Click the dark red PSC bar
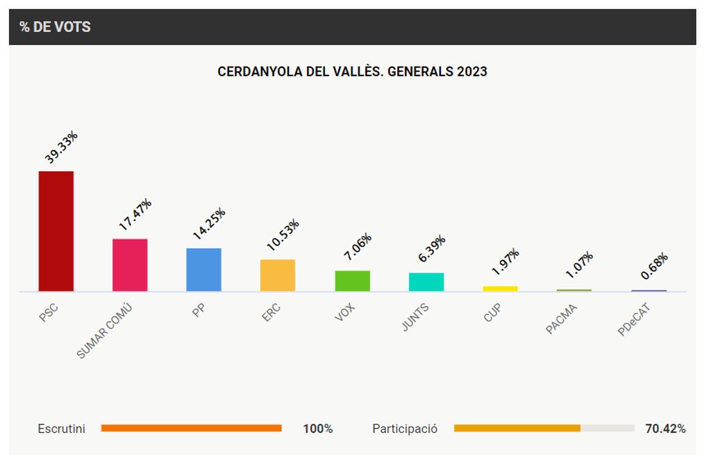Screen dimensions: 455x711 pyautogui.click(x=56, y=231)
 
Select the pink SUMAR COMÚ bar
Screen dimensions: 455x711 pyautogui.click(x=130, y=265)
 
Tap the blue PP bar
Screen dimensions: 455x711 pyautogui.click(x=204, y=269)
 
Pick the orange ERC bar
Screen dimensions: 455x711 pyautogui.click(x=278, y=275)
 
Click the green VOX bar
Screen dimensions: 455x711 pyautogui.click(x=352, y=280)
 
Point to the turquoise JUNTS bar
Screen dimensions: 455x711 pyautogui.click(x=426, y=282)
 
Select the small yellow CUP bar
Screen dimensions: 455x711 pyautogui.click(x=500, y=288)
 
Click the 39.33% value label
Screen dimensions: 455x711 pyautogui.click(x=61, y=147)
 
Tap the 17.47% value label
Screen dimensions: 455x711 pyautogui.click(x=135, y=214)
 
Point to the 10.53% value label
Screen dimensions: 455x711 pyautogui.click(x=283, y=235)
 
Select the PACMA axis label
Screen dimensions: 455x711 pyautogui.click(x=562, y=319)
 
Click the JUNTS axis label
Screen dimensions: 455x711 pyautogui.click(x=415, y=318)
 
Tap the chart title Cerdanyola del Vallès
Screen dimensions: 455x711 pyautogui.click(x=352, y=71)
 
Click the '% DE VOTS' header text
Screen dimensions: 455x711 pyautogui.click(x=55, y=27)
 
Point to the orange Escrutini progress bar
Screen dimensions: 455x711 pyautogui.click(x=191, y=428)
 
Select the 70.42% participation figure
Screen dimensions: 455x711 pyautogui.click(x=665, y=429)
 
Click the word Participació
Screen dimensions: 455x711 pyautogui.click(x=405, y=429)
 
